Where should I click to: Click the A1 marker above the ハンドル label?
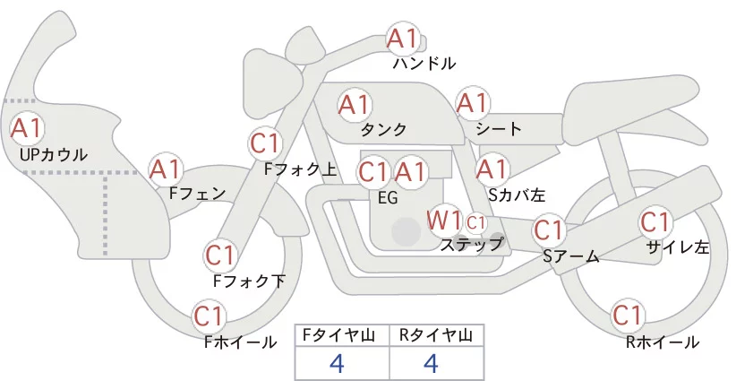coord(402,39)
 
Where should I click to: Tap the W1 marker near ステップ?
coord(443,221)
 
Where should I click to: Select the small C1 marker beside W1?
coord(475,223)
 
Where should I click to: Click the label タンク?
coord(383,130)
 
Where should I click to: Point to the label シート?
coord(499,129)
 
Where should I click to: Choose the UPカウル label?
coord(54,154)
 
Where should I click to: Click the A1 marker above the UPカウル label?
coord(27,128)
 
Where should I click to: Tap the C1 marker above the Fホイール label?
coord(209,316)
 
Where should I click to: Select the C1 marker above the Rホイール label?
coord(627,316)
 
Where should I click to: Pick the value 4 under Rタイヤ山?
coord(431,363)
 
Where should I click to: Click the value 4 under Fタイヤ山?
coord(337,363)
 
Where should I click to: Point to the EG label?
coord(388,198)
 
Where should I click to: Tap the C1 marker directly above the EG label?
coord(373,172)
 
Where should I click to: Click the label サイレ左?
coord(677,247)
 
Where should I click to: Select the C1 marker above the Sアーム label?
coord(548,229)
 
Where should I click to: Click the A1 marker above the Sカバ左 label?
coord(492,169)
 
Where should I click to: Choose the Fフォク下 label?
coord(249,281)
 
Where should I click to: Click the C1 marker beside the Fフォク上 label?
coord(265,143)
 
